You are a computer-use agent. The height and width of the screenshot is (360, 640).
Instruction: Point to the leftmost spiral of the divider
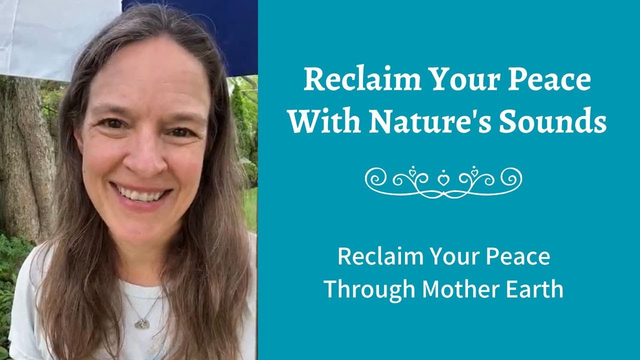pyautogui.click(x=375, y=177)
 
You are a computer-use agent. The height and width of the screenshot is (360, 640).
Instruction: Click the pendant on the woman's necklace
pyautogui.click(x=142, y=324)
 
